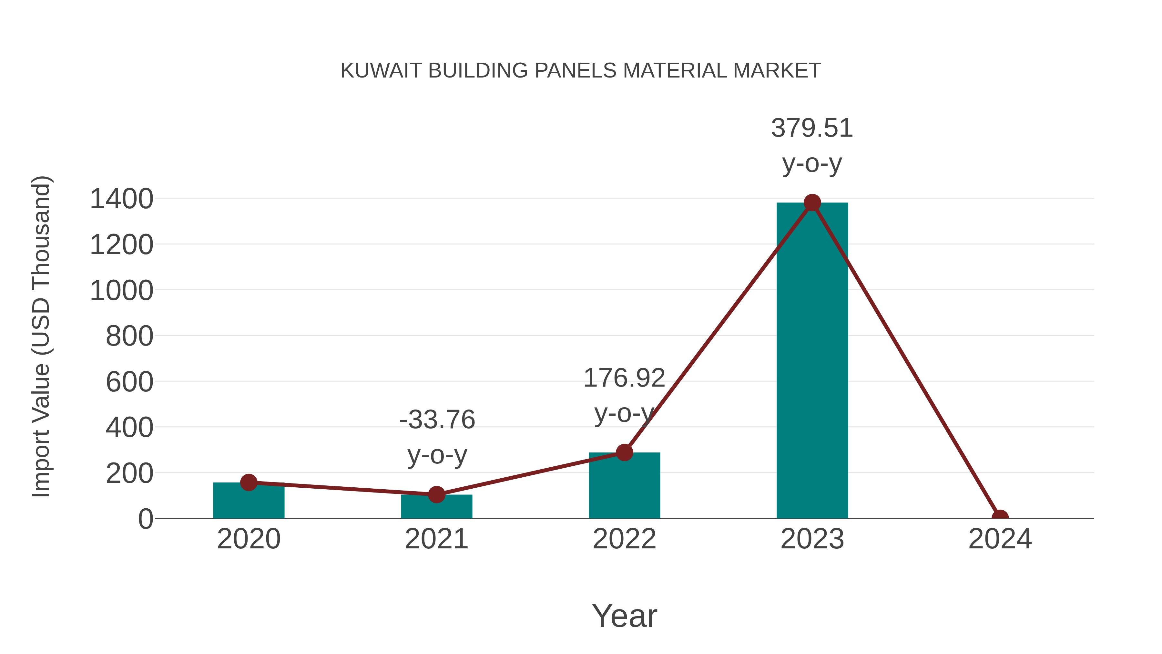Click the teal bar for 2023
click(812, 361)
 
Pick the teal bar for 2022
click(624, 487)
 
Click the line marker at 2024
click(1000, 517)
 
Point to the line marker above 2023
click(812, 202)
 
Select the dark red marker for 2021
click(436, 494)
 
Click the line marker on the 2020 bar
click(249, 483)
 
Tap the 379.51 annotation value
click(812, 128)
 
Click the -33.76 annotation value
click(437, 420)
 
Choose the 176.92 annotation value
click(624, 378)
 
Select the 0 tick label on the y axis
click(146, 519)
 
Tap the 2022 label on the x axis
click(624, 539)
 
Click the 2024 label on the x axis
click(1000, 539)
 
